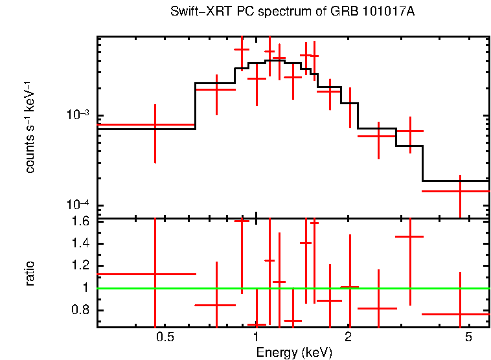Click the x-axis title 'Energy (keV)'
click(294, 352)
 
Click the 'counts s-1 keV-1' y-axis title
click(30, 128)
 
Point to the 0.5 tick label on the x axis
click(165, 338)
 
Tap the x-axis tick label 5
click(468, 338)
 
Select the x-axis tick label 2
click(348, 338)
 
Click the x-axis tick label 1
click(257, 338)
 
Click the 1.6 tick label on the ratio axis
click(82, 221)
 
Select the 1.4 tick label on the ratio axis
click(82, 243)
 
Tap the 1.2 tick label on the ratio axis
click(82, 265)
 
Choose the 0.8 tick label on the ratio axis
click(82, 310)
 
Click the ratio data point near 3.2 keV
click(410, 237)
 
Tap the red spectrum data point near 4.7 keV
click(460, 192)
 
